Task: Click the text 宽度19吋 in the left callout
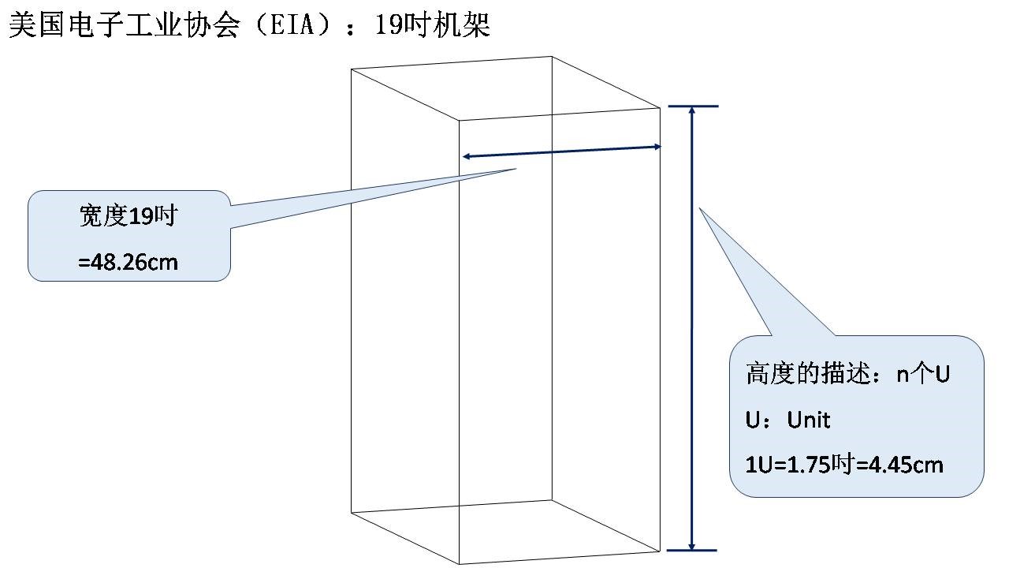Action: (127, 216)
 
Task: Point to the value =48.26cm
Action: (128, 262)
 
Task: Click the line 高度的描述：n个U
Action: (847, 374)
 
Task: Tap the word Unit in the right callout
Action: (809, 420)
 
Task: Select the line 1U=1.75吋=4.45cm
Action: (844, 465)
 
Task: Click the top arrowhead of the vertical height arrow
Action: (692, 110)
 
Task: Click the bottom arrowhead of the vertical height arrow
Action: (692, 547)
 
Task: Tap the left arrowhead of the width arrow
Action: (465, 157)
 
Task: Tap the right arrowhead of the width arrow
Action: (657, 146)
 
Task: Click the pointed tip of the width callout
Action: (516, 168)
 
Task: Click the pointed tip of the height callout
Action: (699, 208)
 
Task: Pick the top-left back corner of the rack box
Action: (351, 69)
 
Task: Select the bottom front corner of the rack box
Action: (459, 564)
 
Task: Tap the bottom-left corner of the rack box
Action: (351, 513)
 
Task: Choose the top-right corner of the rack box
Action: (660, 108)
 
